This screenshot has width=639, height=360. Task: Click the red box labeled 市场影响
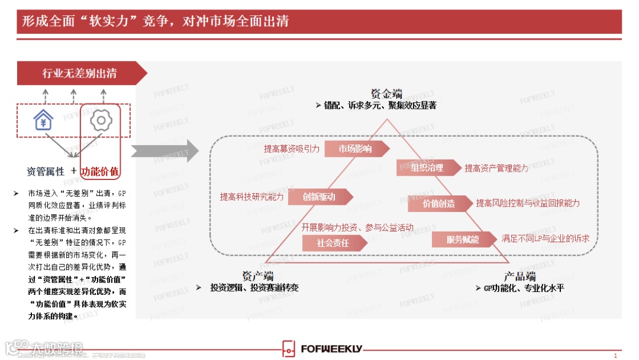tap(355, 149)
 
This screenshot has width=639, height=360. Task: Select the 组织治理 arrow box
tap(427, 168)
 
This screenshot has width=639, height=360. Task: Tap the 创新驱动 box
tap(319, 197)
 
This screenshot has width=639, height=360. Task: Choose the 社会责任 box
tap(333, 243)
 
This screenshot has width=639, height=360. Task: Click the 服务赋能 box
tap(463, 239)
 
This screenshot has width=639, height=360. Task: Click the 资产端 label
tap(258, 276)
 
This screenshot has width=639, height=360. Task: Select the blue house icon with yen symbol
tap(43, 121)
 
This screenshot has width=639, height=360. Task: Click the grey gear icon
tap(101, 121)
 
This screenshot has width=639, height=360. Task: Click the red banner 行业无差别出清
tap(79, 73)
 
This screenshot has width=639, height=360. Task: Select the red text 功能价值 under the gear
tap(100, 172)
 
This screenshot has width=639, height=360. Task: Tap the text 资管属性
tap(46, 172)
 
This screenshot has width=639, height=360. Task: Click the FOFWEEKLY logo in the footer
tap(322, 349)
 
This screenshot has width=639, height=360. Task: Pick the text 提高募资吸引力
tap(292, 149)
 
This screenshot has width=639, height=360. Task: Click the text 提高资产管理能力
tap(496, 169)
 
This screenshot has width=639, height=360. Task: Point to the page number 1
tap(615, 355)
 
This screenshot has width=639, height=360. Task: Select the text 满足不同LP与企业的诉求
tap(545, 239)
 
